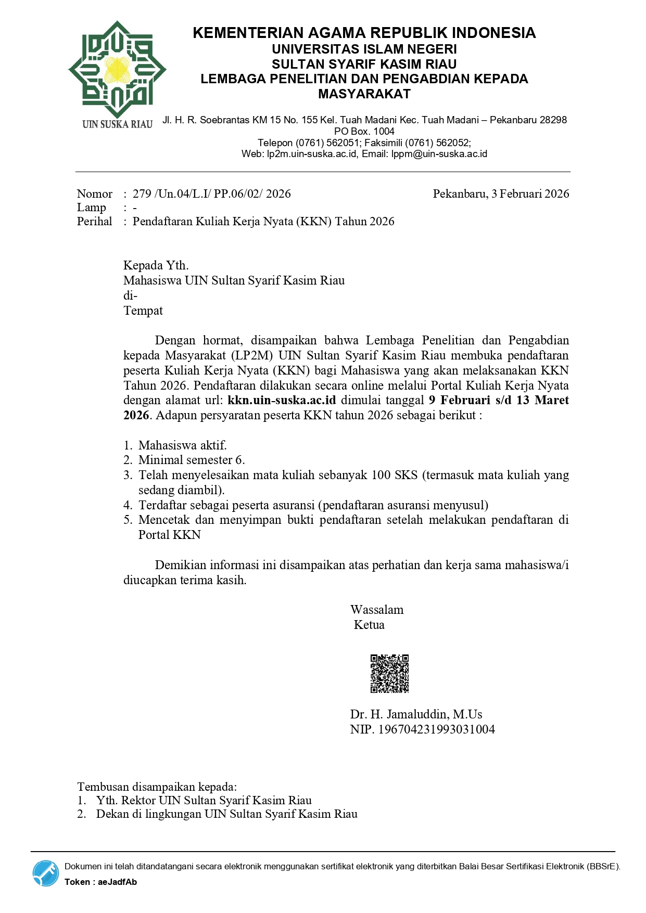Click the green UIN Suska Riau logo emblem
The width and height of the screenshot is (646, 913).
tap(117, 69)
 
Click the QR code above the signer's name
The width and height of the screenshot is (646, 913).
tap(389, 674)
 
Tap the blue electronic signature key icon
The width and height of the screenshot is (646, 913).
tap(46, 873)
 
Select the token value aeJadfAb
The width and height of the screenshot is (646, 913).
tap(117, 882)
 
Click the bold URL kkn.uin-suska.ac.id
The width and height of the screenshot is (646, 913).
tap(282, 400)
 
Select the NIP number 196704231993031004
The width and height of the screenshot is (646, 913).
tap(436, 729)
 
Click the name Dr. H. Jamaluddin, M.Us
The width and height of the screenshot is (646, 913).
tap(416, 714)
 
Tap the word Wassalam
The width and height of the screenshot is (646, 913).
tap(377, 610)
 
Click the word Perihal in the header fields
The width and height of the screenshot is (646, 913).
tap(94, 222)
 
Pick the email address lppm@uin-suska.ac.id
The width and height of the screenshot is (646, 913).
tap(439, 154)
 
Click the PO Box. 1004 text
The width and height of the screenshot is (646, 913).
tap(364, 131)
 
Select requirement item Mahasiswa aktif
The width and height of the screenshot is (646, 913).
tap(182, 445)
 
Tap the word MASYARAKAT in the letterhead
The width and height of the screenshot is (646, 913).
tap(364, 94)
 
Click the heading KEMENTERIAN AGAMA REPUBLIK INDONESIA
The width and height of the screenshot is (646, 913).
tap(364, 33)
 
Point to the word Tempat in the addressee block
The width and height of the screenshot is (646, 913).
tap(143, 311)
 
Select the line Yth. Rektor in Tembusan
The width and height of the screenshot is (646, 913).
tap(204, 801)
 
